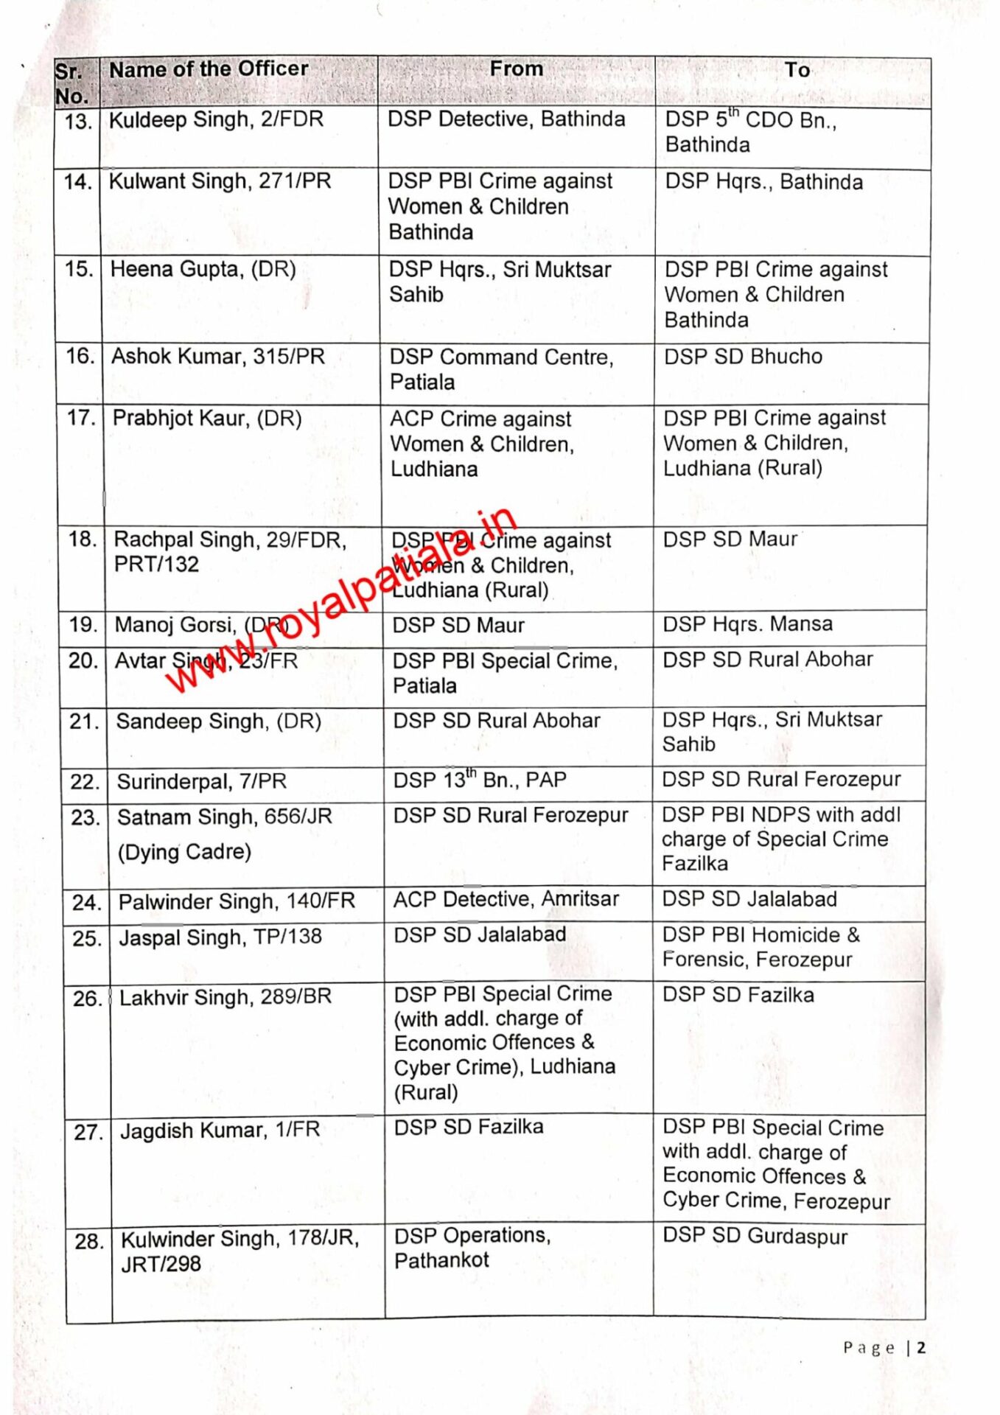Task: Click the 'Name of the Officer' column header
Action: pos(209,69)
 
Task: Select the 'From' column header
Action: pos(516,69)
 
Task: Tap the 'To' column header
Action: pos(797,70)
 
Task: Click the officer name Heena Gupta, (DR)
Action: pos(203,270)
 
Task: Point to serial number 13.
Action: pos(77,121)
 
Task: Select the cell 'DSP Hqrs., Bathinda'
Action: pos(763,182)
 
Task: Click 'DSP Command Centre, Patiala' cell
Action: pos(501,369)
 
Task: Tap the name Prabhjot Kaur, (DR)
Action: pos(207,419)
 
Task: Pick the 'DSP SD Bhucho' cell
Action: pos(743,357)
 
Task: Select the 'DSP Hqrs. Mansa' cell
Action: pos(747,624)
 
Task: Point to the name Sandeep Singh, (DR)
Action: pos(218,721)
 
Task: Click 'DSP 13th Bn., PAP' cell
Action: pos(480,780)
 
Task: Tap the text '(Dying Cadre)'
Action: pos(184,852)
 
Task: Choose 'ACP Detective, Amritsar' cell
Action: pos(506,899)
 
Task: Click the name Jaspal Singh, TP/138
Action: pos(220,937)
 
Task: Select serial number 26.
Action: pos(87,999)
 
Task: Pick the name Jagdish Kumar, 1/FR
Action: pos(220,1131)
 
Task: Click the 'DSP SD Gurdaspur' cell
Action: pos(755,1237)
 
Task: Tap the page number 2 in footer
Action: pos(921,1348)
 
